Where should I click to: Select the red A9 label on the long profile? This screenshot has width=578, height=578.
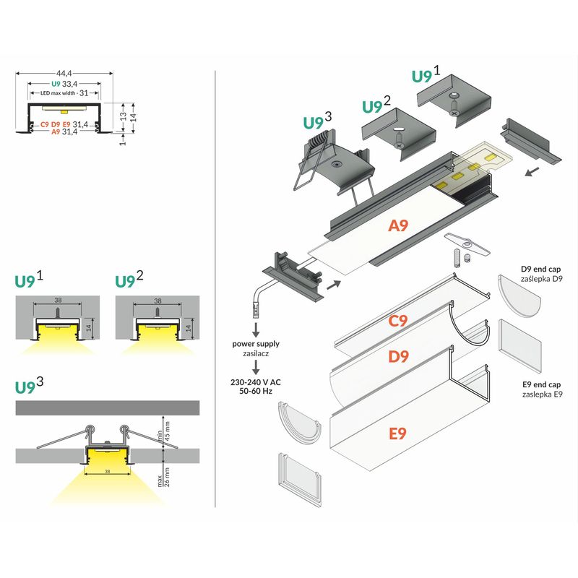click(x=399, y=225)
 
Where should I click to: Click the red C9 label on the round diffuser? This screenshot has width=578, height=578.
click(x=399, y=322)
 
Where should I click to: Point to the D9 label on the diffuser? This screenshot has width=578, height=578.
click(x=399, y=355)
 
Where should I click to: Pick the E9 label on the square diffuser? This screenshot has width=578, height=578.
click(x=399, y=433)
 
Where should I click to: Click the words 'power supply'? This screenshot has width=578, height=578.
click(x=256, y=344)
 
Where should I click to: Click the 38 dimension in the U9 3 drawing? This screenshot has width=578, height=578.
click(x=108, y=471)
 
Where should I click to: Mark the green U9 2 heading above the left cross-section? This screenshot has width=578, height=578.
click(x=130, y=280)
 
